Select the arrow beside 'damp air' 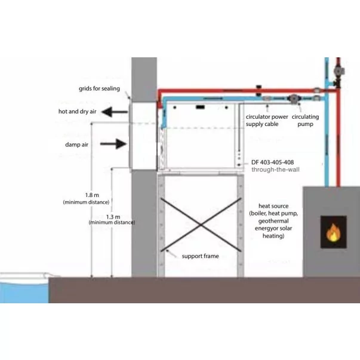coord(117,144)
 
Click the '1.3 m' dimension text coord(112,216)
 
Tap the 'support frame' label coord(200,256)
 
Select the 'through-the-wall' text coord(275,170)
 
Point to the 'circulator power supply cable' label coord(267,121)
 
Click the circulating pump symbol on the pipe coord(294,100)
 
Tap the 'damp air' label coord(78,144)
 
